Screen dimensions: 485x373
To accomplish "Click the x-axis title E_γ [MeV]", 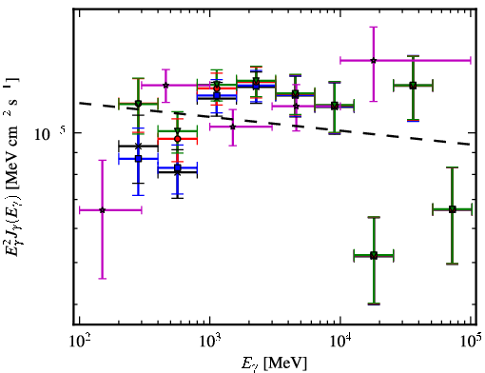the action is click(x=274, y=363).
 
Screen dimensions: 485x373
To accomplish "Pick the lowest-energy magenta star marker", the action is click(x=102, y=210).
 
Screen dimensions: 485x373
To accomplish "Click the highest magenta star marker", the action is click(x=374, y=60).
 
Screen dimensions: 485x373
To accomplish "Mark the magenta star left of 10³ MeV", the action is click(x=165, y=85).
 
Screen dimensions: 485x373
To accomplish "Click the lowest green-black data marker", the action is click(x=374, y=255).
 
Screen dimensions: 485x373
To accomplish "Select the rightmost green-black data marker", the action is click(x=453, y=209).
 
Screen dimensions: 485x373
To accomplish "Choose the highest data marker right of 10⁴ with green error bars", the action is click(x=413, y=86).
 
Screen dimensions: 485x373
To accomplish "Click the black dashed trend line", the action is click(x=276, y=124).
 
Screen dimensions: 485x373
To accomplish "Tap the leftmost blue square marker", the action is click(x=138, y=159).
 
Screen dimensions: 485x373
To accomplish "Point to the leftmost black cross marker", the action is click(x=138, y=147).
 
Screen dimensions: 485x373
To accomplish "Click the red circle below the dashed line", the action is click(x=178, y=139).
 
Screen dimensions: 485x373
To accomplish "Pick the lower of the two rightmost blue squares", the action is click(x=178, y=167).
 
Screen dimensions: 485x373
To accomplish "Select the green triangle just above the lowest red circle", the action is click(x=178, y=130).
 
